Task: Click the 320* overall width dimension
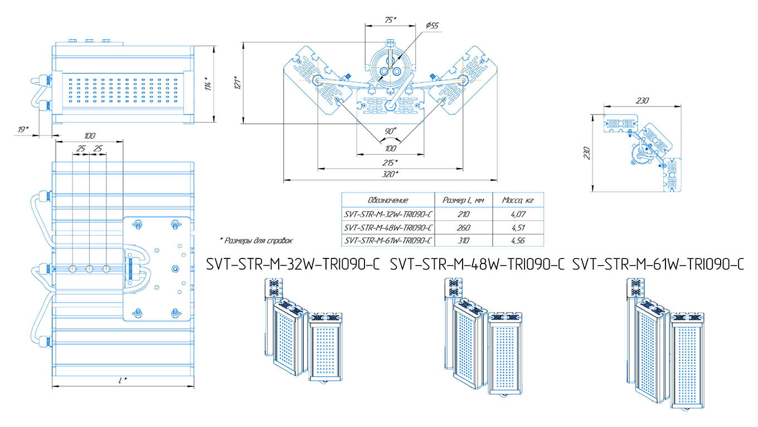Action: pyautogui.click(x=390, y=174)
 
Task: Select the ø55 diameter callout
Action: pyautogui.click(x=432, y=26)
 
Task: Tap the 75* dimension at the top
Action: pyautogui.click(x=390, y=20)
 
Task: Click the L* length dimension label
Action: pyautogui.click(x=123, y=380)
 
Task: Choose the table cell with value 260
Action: pyautogui.click(x=463, y=227)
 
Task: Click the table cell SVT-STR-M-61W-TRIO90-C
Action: pyautogui.click(x=388, y=241)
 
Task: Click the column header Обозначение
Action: pyautogui.click(x=388, y=200)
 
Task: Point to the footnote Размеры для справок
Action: pyautogui.click(x=257, y=241)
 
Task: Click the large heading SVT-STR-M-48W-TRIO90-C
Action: pyautogui.click(x=478, y=264)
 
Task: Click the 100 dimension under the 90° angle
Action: pyautogui.click(x=390, y=148)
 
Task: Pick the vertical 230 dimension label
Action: pyautogui.click(x=587, y=153)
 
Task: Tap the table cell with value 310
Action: pyautogui.click(x=463, y=241)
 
